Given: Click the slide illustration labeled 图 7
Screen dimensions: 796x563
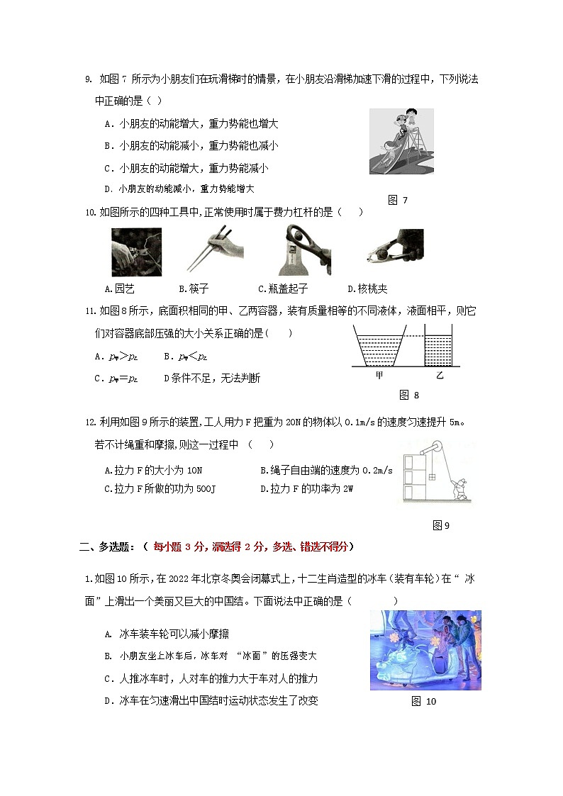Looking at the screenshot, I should pyautogui.click(x=401, y=142).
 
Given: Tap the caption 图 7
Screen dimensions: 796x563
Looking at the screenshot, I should pyautogui.click(x=397, y=200).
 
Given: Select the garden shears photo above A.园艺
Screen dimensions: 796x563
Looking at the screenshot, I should pyautogui.click(x=136, y=252).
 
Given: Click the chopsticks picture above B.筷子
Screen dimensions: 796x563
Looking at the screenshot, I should pyautogui.click(x=213, y=252).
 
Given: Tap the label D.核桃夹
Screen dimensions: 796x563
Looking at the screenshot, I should pyautogui.click(x=367, y=288).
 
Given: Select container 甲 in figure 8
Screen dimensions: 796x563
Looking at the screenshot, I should pyautogui.click(x=379, y=345).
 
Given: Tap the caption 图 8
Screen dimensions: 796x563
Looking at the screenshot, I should pyautogui.click(x=409, y=395).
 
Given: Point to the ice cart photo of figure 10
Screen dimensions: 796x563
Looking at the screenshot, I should pyautogui.click(x=425, y=650).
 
